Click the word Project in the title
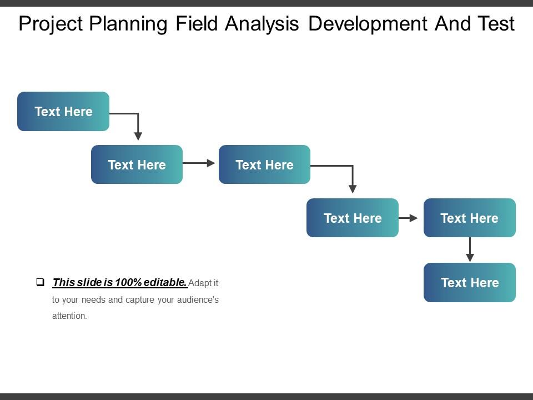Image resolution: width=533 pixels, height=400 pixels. coord(51,24)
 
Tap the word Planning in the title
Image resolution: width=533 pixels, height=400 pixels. coord(128,24)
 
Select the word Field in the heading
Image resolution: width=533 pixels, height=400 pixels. coord(197,23)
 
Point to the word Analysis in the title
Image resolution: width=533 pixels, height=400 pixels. coord(262,24)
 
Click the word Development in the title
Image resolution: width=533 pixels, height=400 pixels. coord(368,24)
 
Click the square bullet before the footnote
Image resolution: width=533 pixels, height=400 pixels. coord(40,282)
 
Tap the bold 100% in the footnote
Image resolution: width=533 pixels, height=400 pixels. coord(128,282)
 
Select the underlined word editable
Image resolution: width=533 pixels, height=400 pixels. coord(165,282)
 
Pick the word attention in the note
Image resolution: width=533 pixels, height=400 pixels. coord(69,316)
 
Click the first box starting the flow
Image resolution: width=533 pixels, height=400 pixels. coord(63,111)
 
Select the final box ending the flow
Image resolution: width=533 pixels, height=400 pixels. coord(470,282)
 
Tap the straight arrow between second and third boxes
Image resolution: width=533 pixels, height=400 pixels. coord(199,163)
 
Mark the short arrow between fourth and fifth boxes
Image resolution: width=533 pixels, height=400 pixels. coord(408,218)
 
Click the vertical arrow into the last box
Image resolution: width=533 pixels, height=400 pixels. coord(470,249)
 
